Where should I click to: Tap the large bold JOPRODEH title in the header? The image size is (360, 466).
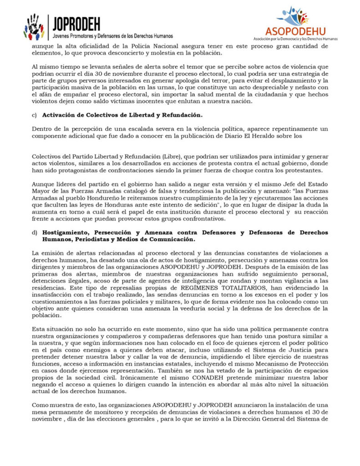(76, 24)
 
